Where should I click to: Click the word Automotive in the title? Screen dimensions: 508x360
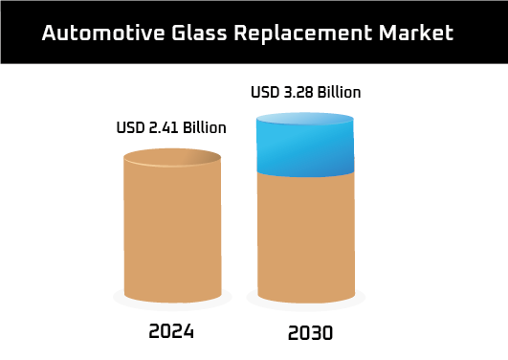[103, 33]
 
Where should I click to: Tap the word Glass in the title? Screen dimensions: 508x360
[199, 33]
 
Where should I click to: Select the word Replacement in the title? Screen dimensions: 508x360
[303, 34]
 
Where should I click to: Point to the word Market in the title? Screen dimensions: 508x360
[416, 33]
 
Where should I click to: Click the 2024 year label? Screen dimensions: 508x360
[171, 331]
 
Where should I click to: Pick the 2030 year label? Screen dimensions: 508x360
[310, 333]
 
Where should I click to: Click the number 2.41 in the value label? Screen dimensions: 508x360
[164, 127]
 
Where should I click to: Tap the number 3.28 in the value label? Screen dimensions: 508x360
[298, 92]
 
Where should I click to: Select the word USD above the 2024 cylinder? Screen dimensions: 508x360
[130, 127]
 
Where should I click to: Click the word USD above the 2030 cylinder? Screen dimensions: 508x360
[265, 92]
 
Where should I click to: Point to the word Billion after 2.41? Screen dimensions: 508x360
[205, 127]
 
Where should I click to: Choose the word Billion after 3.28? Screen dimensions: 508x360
[339, 92]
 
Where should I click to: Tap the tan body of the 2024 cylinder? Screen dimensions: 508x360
[172, 231]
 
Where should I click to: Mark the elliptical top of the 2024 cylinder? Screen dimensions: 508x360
[172, 158]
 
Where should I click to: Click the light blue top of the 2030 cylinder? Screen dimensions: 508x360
[305, 119]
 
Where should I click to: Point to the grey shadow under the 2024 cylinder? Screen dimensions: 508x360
[172, 305]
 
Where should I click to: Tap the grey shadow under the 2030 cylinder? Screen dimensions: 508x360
[306, 305]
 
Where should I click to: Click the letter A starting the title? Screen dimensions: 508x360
[49, 33]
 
